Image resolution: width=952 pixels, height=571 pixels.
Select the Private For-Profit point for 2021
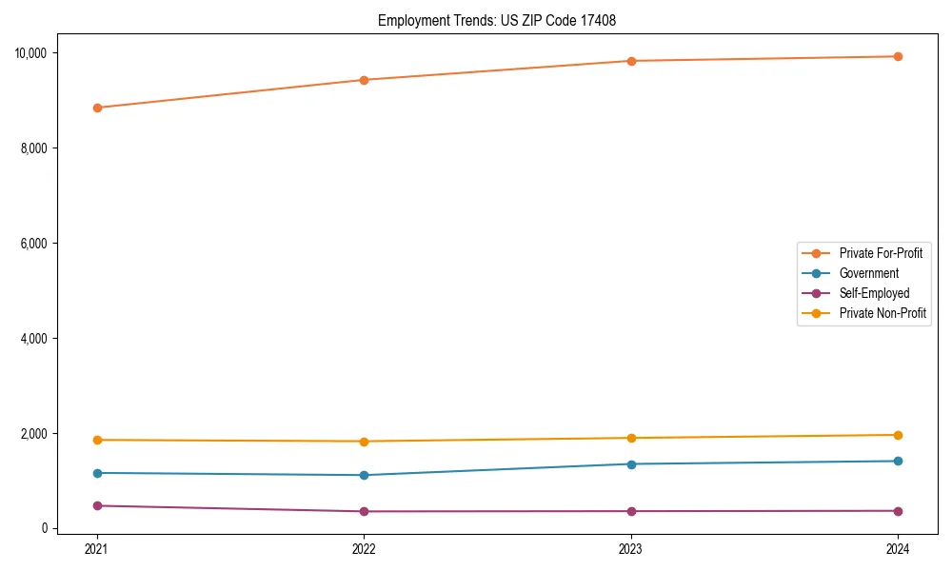pos(96,108)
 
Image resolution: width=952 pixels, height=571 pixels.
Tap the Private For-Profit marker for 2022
pos(364,80)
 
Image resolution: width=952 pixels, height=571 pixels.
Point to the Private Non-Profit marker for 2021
pos(96,440)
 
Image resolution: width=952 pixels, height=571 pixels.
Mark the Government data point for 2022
pos(364,475)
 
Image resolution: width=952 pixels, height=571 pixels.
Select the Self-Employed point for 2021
pos(96,505)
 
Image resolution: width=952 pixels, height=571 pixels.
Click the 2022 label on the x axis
pos(364,549)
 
